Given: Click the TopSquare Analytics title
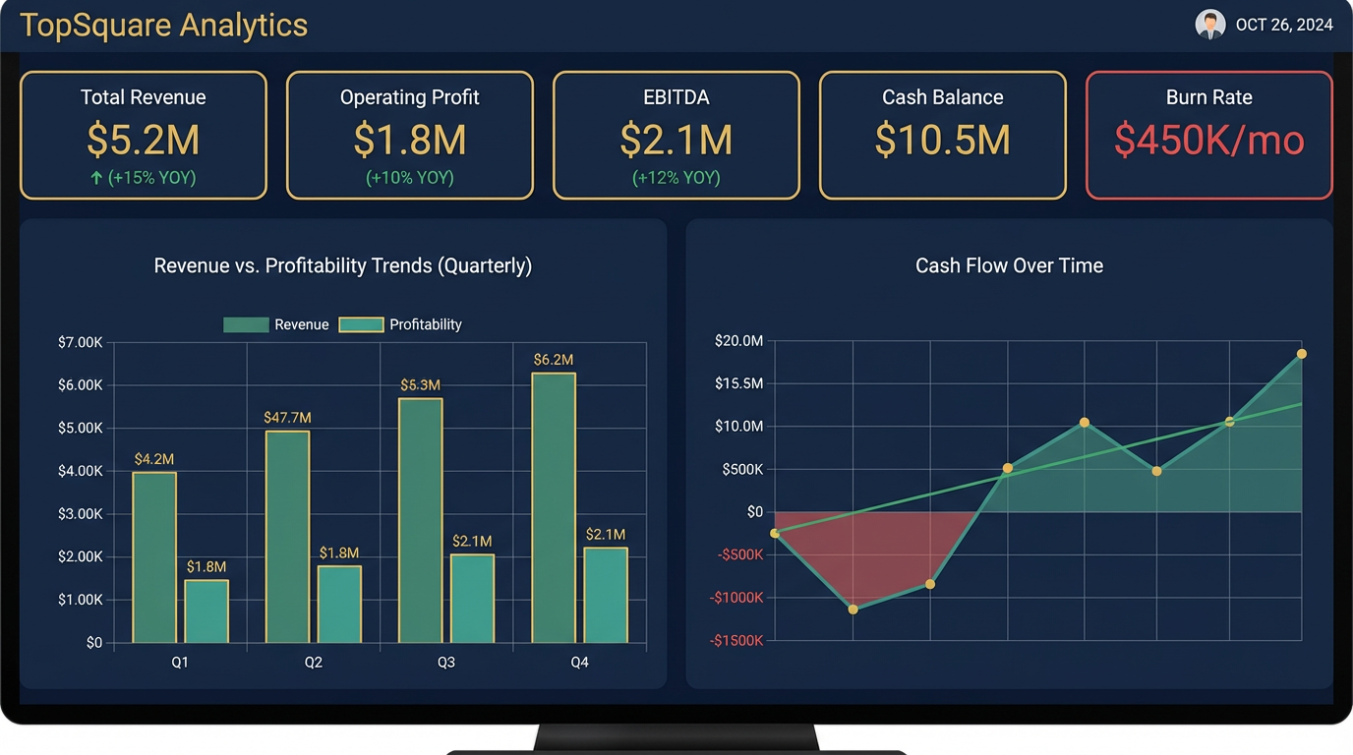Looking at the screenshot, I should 163,26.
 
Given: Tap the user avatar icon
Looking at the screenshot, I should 1209,25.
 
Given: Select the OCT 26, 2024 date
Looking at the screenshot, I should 1284,26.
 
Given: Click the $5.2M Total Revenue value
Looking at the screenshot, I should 144,140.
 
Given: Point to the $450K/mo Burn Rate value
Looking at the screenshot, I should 1208,140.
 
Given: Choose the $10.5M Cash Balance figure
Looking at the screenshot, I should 942,140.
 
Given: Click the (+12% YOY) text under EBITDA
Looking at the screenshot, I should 676,178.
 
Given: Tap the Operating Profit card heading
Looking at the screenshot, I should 410,97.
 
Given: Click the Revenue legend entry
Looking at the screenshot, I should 276,324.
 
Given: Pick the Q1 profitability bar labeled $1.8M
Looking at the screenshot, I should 206,610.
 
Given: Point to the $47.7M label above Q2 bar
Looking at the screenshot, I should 287,418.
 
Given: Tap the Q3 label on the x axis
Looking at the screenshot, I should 446,663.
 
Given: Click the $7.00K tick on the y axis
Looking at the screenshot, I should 81,342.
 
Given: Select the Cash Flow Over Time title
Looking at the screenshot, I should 1009,265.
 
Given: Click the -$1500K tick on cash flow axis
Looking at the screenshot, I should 736,641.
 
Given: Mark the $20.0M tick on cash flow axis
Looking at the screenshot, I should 738,341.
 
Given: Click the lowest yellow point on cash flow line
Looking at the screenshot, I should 853,610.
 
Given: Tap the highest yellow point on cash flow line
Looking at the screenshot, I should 1301,354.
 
